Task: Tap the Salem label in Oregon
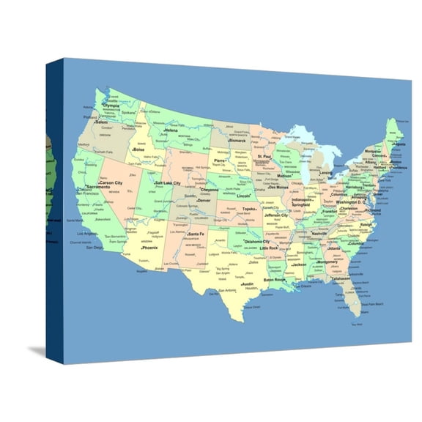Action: coord(100,122)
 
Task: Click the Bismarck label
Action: coord(237,141)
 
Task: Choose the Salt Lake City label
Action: coord(168,182)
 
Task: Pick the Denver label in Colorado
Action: coord(203,200)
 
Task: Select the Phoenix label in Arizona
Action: coord(149,248)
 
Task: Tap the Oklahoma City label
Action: coord(257,242)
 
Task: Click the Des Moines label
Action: coord(278,188)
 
